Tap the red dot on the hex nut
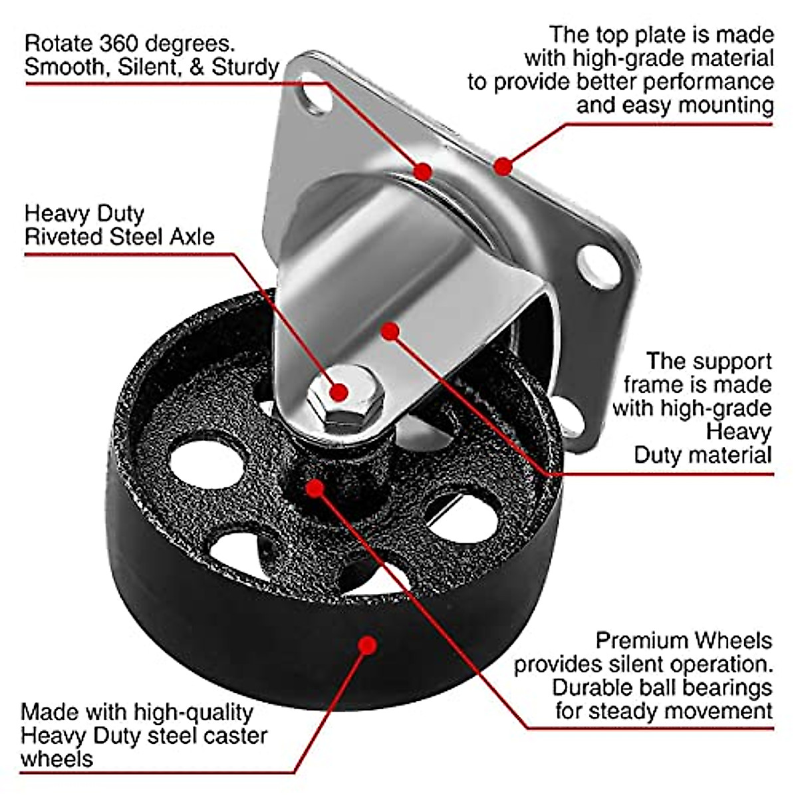point(338,391)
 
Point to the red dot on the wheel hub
point(315,489)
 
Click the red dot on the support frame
point(391,331)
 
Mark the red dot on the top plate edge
point(503,166)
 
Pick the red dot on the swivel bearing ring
point(422,171)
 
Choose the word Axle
point(191,237)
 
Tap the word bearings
point(728,687)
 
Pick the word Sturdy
point(245,67)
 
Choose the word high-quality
point(194,713)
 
